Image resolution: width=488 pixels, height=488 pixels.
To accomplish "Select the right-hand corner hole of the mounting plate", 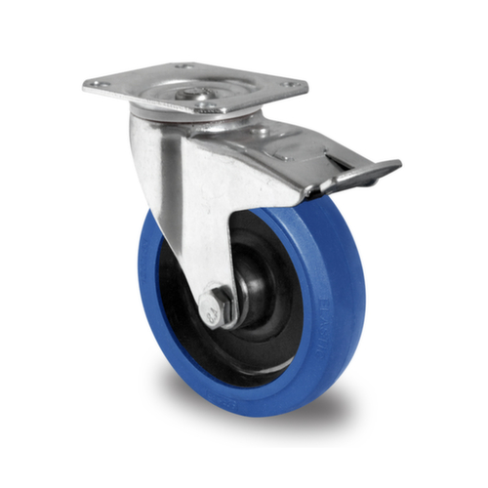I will (290, 85).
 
